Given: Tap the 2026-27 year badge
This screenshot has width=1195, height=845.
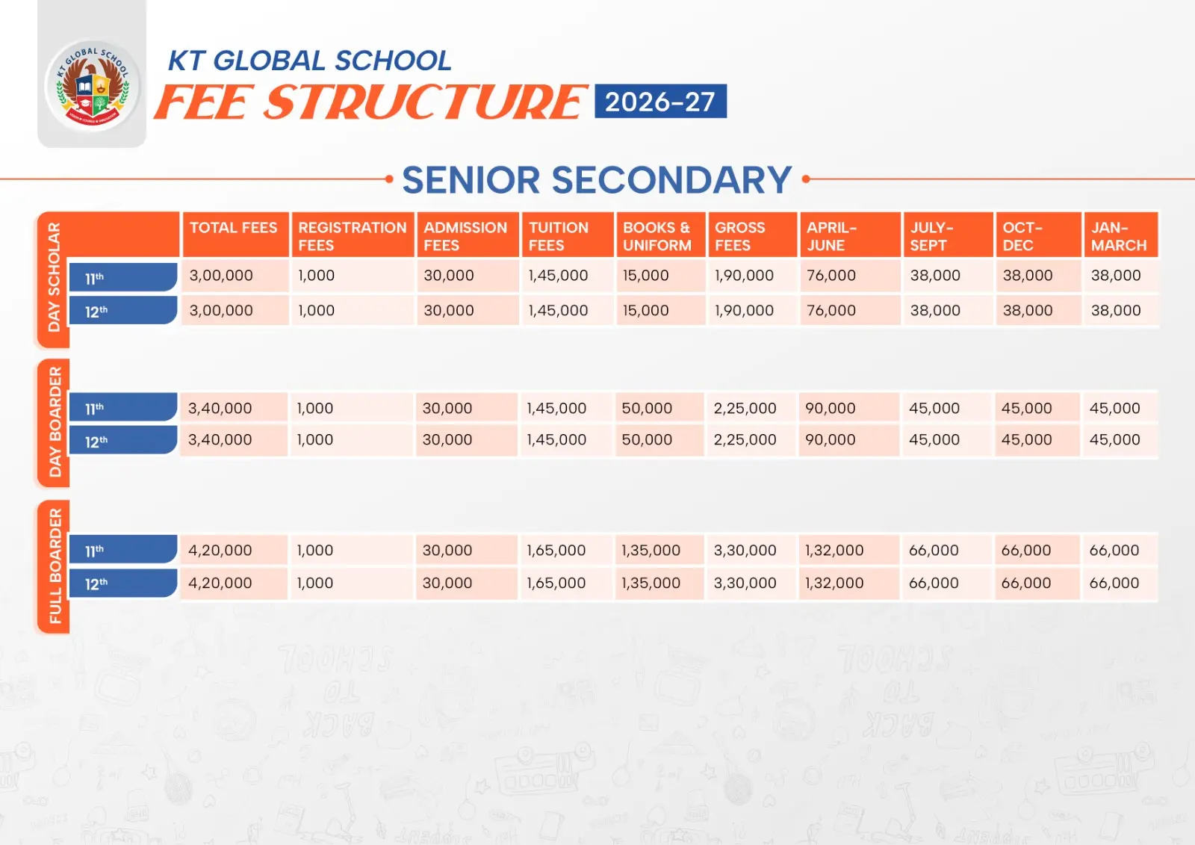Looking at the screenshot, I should (x=660, y=102).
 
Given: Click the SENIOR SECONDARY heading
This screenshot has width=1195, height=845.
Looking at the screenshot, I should (x=597, y=180).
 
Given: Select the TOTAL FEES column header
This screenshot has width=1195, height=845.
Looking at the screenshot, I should (x=233, y=229).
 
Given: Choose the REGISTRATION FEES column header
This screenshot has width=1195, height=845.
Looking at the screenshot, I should (x=352, y=236).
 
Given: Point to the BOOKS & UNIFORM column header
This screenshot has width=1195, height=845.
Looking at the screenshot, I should (x=657, y=236).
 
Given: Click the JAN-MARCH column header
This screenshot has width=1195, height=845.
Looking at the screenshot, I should (x=1118, y=236).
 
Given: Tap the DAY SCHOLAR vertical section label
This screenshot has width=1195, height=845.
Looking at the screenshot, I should (x=54, y=277).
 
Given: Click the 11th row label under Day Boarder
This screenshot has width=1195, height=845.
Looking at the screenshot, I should (x=122, y=408).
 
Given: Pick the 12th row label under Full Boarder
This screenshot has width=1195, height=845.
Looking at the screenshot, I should (x=122, y=584).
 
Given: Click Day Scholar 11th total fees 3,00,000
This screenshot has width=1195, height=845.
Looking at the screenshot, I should (x=221, y=276).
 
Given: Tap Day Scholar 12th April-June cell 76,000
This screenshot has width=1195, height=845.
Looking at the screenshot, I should (x=831, y=311).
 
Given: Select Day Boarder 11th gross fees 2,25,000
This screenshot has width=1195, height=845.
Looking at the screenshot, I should (x=745, y=409).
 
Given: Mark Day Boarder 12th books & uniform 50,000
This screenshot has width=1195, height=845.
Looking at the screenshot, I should (x=647, y=440).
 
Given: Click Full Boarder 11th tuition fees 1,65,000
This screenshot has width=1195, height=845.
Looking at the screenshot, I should (x=556, y=551).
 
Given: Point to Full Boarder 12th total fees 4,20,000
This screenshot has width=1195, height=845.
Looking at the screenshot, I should (x=220, y=584).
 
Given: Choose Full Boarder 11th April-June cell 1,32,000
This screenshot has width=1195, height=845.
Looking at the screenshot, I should (x=834, y=551).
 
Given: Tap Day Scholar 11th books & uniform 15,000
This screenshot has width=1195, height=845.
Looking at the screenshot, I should (x=646, y=276).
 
